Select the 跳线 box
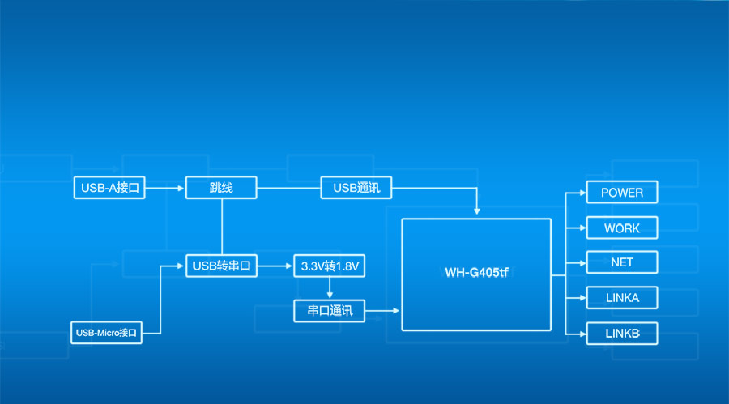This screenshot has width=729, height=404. click(221, 188)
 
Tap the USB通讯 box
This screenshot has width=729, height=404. click(356, 188)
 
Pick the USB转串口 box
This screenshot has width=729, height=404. click(221, 266)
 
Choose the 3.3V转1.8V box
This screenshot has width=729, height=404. click(330, 266)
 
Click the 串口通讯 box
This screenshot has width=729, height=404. click(330, 310)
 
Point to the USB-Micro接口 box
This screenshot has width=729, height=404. click(106, 332)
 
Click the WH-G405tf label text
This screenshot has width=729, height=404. click(476, 272)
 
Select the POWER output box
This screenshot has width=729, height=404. click(622, 193)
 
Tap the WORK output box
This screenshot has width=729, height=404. click(622, 228)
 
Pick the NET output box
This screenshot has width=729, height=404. click(622, 262)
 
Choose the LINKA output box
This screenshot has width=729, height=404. click(622, 298)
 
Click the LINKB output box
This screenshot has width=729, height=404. click(622, 334)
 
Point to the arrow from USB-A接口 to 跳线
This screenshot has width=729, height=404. click(165, 188)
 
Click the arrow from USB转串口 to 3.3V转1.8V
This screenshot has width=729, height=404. click(275, 266)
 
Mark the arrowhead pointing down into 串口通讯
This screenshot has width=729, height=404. click(330, 295)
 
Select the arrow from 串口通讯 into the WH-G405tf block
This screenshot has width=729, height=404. click(383, 310)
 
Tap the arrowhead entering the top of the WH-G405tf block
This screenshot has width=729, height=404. click(477, 211)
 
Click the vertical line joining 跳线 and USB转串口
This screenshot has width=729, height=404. click(222, 227)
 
